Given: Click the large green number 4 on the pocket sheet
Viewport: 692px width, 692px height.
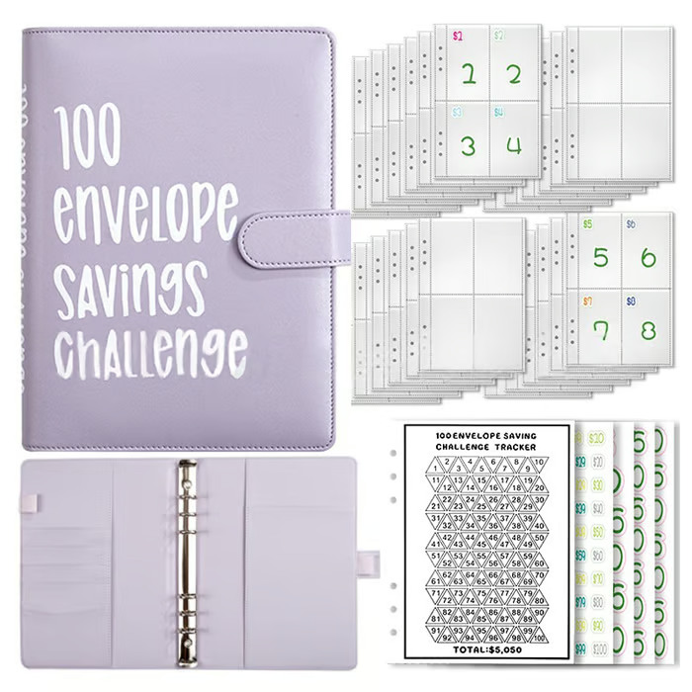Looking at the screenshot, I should click(513, 145).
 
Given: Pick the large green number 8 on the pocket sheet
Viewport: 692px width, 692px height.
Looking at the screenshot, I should click(648, 328).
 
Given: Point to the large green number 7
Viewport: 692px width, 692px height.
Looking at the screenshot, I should click(598, 328).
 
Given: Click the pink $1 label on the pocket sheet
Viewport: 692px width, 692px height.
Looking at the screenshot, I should click(458, 37).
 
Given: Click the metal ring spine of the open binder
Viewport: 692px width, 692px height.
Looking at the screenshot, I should click(186, 554).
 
